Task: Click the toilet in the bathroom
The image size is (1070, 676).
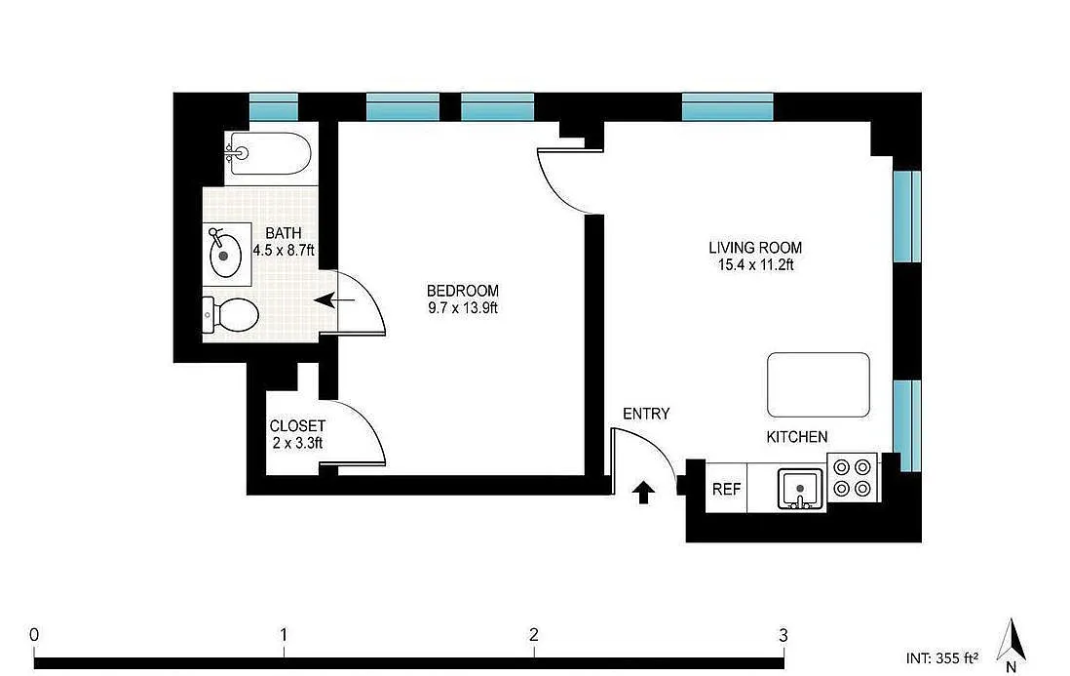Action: (x=231, y=315)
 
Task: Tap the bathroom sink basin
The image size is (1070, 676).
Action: (x=224, y=255)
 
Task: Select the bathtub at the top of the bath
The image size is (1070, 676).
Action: (x=269, y=153)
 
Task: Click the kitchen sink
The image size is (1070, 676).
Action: (x=800, y=488)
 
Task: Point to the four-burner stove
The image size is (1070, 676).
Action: (x=853, y=477)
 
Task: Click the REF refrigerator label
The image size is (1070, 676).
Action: (x=726, y=490)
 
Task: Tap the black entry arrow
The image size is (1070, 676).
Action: (x=643, y=492)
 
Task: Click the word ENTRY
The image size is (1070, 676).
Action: (x=646, y=414)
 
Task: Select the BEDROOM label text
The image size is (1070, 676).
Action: (x=463, y=291)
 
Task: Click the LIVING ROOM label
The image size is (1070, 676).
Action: (x=755, y=247)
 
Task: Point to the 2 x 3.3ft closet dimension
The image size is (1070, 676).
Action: (x=297, y=443)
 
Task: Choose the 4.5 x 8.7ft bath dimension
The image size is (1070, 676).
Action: (x=284, y=250)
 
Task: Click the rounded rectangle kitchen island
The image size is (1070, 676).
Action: (x=819, y=384)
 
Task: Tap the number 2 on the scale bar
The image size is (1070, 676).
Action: (x=534, y=634)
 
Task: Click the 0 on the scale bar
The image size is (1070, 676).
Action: (x=34, y=634)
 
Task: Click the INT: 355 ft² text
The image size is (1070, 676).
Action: (x=942, y=658)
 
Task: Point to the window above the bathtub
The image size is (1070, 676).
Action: (x=274, y=107)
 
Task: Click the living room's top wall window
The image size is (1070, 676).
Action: (x=727, y=107)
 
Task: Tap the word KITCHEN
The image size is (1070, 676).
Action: (x=797, y=437)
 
